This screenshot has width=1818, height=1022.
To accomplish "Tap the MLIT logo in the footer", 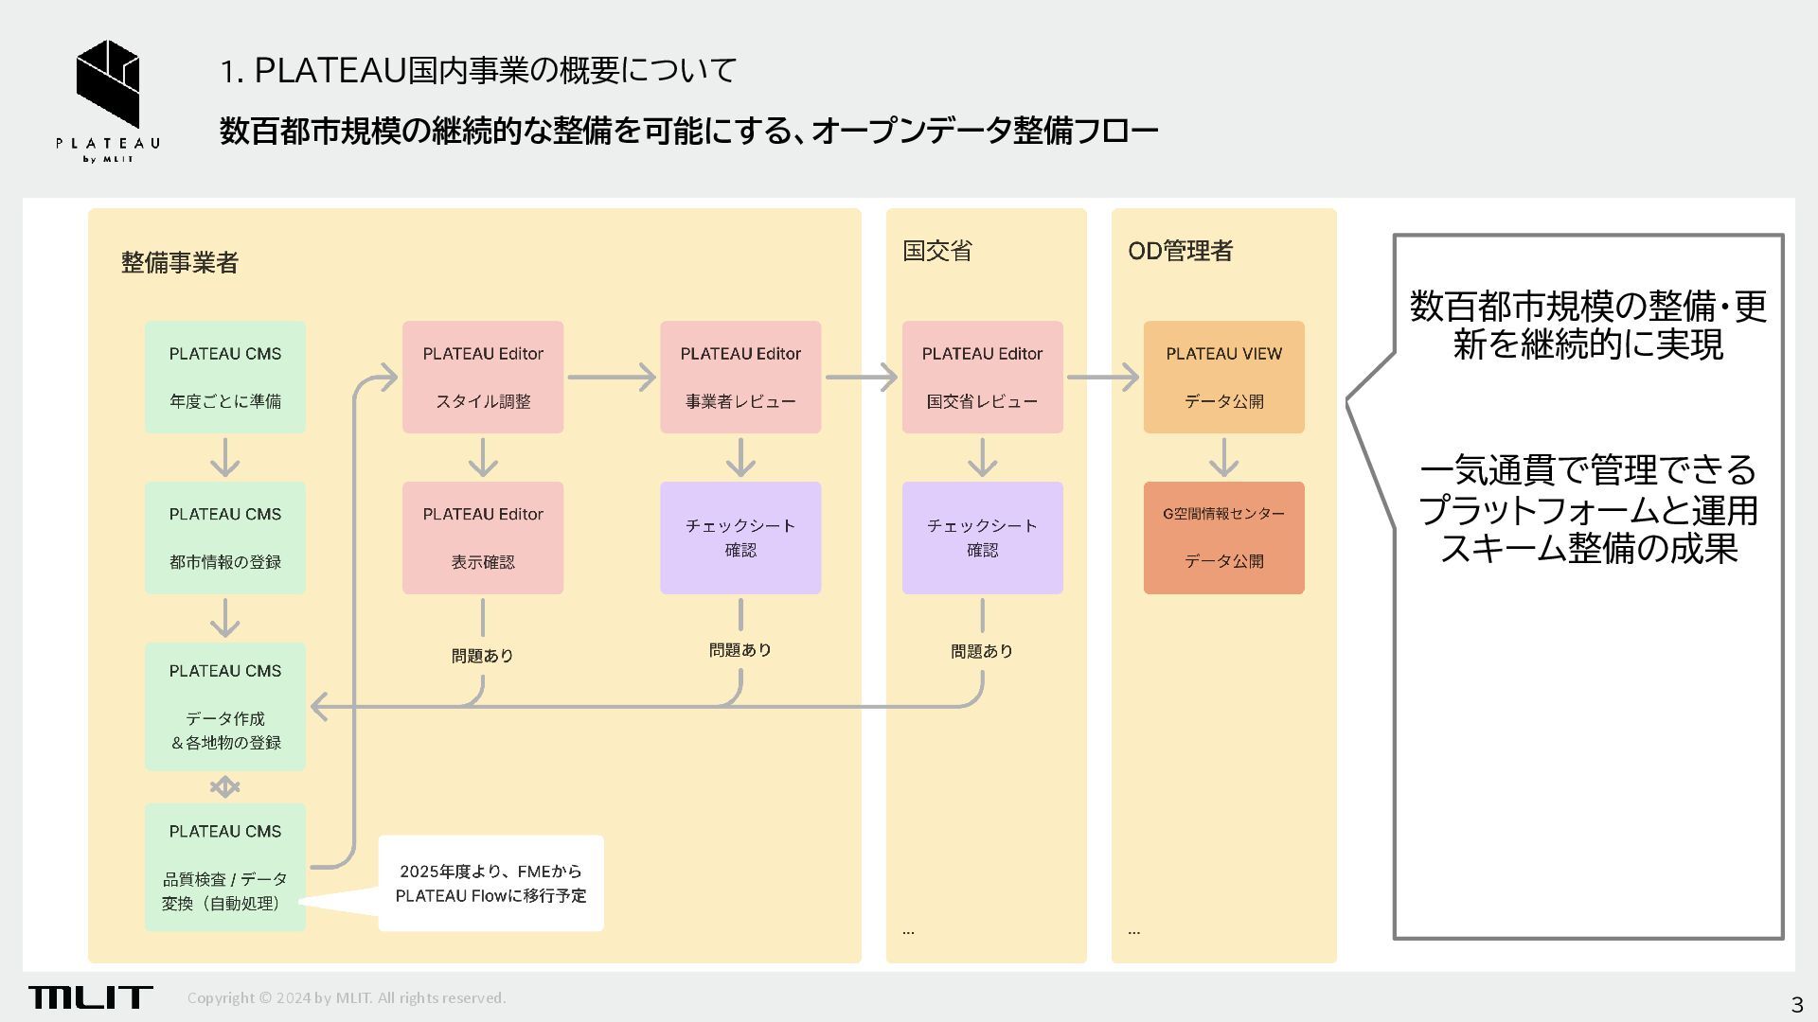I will coord(90,996).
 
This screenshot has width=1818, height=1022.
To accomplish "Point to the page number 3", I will coord(1796,1004).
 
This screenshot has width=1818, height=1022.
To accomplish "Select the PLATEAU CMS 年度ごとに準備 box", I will coord(225,377).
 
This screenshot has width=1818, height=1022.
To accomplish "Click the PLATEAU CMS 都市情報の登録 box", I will coord(225,537).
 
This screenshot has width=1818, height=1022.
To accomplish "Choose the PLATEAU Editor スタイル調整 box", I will coord(483,377).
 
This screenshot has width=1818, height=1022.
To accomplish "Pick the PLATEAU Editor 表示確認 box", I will coord(483,537).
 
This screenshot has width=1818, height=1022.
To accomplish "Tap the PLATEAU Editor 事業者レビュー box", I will coord(740,377).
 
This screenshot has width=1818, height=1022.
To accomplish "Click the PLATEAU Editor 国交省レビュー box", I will coord(982,377).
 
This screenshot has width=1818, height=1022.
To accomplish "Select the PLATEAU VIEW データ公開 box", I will coord(1223,377).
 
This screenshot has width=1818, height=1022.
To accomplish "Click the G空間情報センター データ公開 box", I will coord(1223,537).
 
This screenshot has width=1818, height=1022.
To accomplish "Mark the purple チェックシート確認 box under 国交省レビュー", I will coord(982,537).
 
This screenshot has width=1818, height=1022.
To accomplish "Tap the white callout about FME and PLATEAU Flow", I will coord(490,883).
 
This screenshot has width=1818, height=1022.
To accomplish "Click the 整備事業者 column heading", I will coord(180,262).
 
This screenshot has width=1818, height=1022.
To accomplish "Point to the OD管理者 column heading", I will coord(1180,251).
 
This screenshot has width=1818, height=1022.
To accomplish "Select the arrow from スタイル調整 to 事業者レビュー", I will coord(612,378).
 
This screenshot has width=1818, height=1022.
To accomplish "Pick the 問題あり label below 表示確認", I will coord(483,655).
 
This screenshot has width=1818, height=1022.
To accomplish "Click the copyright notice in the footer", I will coord(347,997).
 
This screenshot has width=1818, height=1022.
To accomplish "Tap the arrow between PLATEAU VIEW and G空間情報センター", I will coord(1224,457).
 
